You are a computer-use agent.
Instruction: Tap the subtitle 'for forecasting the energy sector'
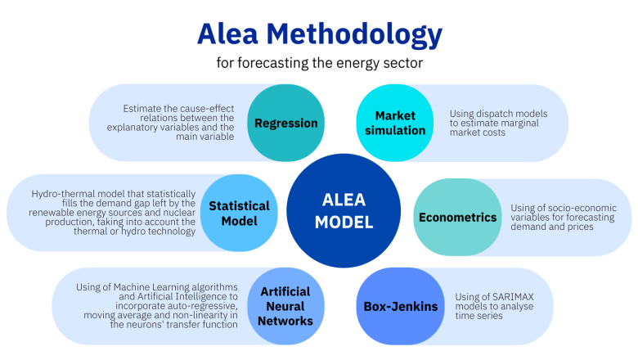[319, 63]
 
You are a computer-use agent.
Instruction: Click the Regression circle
[285, 124]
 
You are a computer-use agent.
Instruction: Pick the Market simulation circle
[395, 124]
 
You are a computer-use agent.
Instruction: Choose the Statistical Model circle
[233, 213]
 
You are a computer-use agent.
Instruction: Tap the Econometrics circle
[457, 218]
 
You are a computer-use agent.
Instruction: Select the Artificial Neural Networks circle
[285, 306]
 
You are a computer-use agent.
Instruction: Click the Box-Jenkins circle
[396, 307]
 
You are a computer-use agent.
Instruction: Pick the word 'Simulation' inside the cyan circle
[395, 131]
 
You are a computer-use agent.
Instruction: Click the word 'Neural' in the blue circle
[285, 306]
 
